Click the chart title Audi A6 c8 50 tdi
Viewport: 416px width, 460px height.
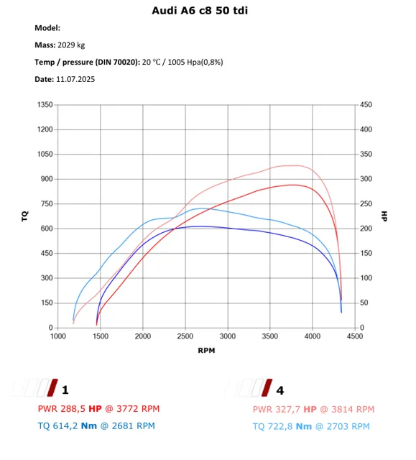200,11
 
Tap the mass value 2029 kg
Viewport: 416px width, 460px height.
71,45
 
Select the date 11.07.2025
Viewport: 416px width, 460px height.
75,79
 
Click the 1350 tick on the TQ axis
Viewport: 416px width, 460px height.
45,105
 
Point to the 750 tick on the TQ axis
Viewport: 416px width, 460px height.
47,203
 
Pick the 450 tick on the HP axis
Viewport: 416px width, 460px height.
366,105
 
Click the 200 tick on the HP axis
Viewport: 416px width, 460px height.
366,229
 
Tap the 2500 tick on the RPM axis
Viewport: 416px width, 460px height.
185,336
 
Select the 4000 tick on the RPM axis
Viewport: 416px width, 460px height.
313,336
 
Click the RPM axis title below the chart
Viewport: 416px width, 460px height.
206,350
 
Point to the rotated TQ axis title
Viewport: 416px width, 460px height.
25,216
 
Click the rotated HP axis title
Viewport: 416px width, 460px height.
384,216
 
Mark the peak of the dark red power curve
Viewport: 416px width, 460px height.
292,185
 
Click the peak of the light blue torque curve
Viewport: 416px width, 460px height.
201,208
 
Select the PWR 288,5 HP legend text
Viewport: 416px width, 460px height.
70,409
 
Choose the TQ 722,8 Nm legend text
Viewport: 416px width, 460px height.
282,426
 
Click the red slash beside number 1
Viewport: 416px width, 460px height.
52,387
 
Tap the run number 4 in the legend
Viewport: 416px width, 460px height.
280,390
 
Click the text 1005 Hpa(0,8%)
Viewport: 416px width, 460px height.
195,63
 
